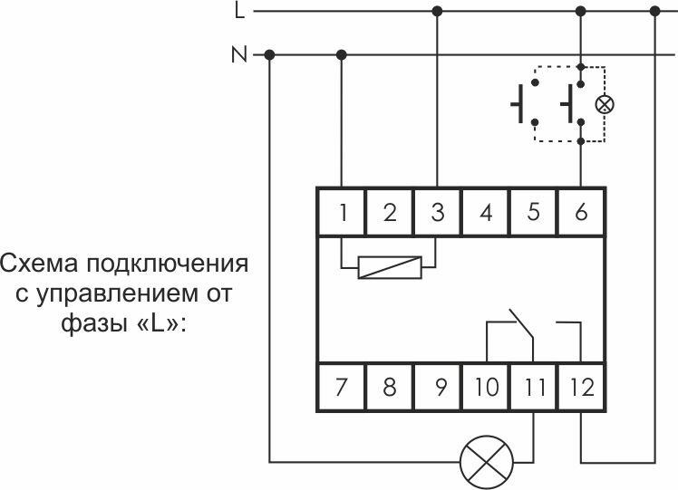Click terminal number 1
tap(342, 213)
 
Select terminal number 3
tap(438, 213)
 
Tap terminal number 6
tap(581, 213)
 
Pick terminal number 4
tap(486, 213)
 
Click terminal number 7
tap(342, 388)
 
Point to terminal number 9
tap(438, 388)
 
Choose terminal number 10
tap(486, 388)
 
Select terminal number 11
tap(534, 388)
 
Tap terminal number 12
tap(581, 388)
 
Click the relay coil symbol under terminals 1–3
tap(390, 267)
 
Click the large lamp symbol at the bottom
tap(485, 461)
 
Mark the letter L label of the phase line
tap(239, 12)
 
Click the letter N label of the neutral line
tap(239, 55)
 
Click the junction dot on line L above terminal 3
tap(438, 12)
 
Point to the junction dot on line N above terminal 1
tap(342, 55)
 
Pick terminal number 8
tap(390, 388)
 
